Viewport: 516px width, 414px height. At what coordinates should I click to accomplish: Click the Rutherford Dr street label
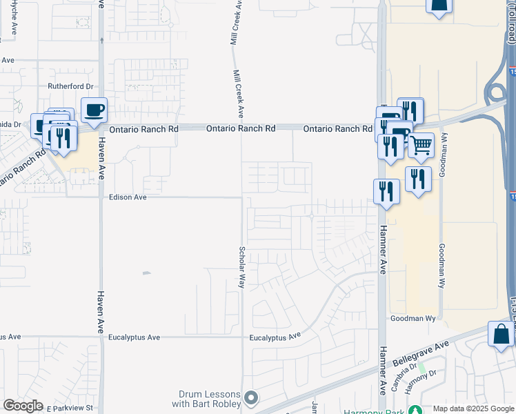[70, 86]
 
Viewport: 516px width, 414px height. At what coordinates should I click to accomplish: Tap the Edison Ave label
[128, 197]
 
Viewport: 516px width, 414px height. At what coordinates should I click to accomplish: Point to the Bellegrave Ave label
[420, 353]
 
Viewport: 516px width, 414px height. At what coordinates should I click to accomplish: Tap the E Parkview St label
[68, 408]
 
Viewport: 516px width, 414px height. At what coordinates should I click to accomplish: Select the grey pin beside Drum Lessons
[251, 398]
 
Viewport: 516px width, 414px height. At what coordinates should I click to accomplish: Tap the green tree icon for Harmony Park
[415, 410]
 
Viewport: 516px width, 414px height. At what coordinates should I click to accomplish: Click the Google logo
[23, 406]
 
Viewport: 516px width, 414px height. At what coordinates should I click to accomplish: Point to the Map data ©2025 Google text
[473, 408]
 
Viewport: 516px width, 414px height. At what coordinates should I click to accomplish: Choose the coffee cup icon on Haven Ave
[94, 110]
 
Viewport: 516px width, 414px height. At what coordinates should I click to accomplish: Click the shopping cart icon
[421, 145]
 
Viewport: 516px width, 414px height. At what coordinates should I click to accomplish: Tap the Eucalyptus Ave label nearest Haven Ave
[134, 337]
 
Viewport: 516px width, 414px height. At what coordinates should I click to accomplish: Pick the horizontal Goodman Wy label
[413, 319]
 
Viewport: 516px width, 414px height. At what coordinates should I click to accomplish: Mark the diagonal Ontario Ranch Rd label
[23, 172]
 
